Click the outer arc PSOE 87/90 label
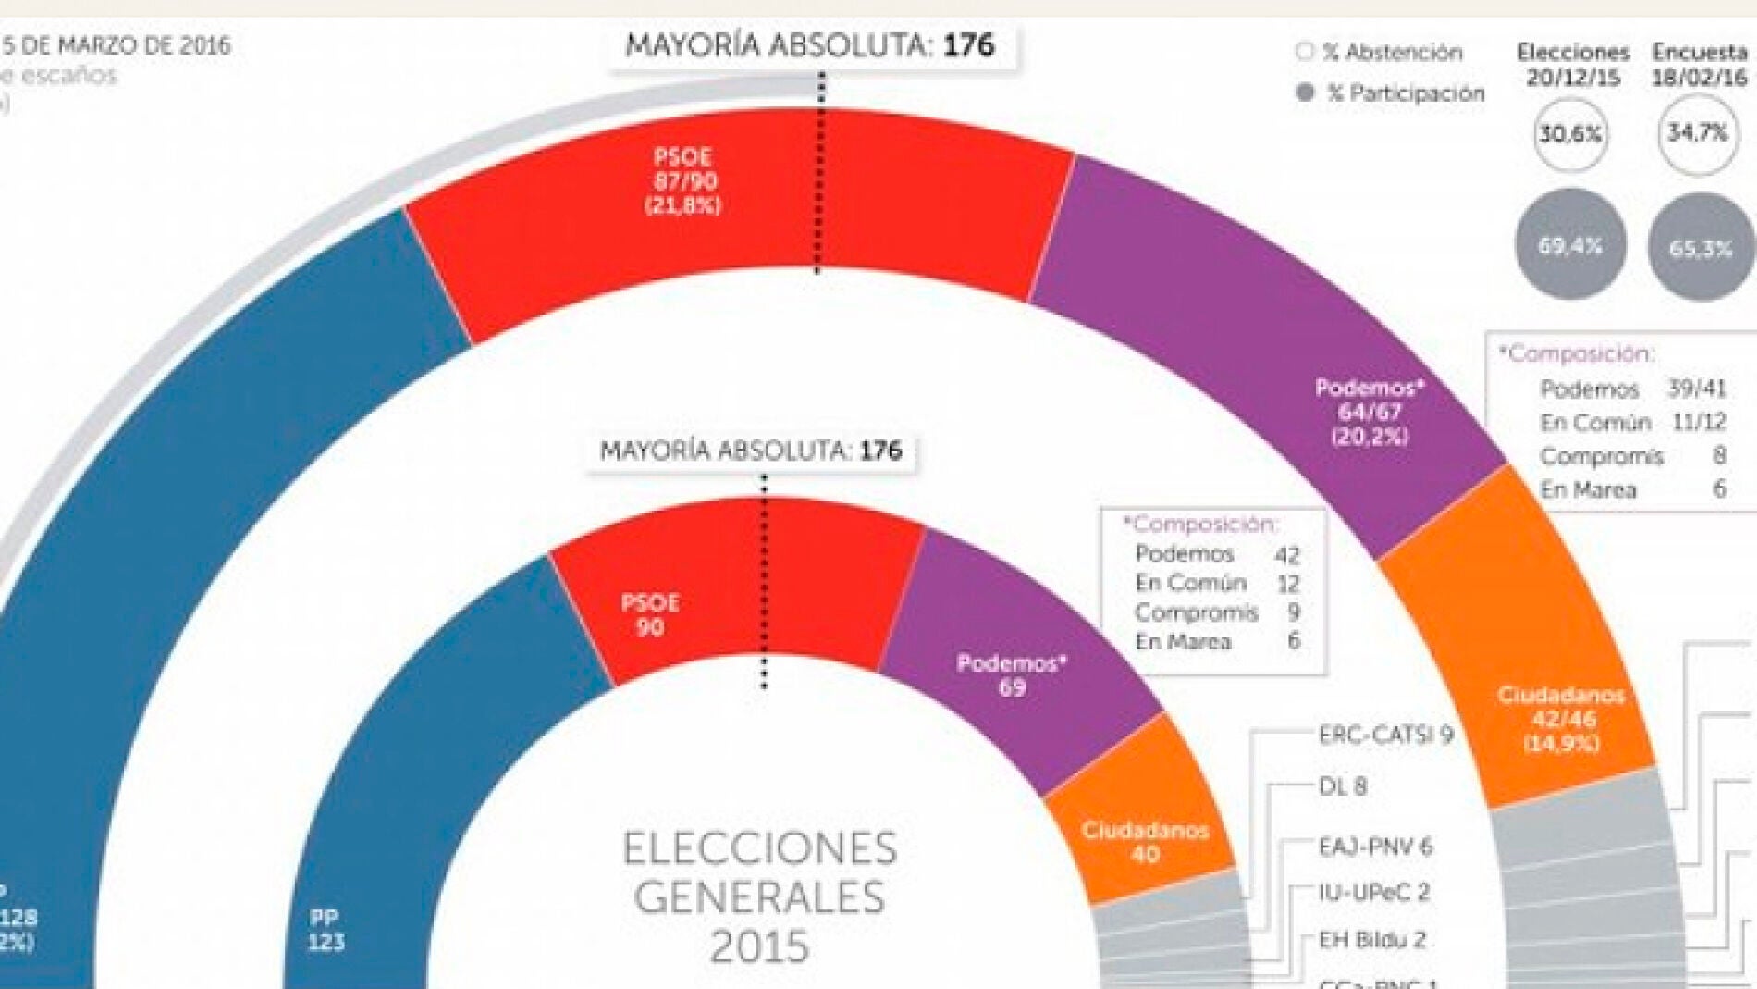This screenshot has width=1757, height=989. coord(683,181)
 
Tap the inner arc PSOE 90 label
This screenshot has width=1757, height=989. coord(650,615)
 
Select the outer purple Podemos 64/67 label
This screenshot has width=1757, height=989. coord(1370,412)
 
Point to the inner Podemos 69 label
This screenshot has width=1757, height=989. coord(1012,675)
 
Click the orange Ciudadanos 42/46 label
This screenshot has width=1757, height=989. coord(1561,719)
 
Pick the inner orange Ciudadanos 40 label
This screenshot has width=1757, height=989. coord(1145,842)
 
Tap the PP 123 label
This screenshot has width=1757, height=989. coord(326,930)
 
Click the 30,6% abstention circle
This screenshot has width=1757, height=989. coord(1570,135)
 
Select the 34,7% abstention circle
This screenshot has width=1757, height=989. coord(1697,134)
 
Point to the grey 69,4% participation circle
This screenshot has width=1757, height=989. coord(1570,245)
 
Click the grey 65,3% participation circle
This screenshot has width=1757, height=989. coord(1700,248)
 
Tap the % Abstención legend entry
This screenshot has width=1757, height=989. coord(1382,53)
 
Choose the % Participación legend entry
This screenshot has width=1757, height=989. coord(1393,93)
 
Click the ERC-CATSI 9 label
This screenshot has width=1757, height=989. coord(1385,736)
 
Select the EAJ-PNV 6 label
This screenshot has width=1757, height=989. coord(1375,847)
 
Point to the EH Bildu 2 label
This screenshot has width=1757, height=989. coord(1371,941)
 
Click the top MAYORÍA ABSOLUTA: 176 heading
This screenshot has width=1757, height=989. coord(810,45)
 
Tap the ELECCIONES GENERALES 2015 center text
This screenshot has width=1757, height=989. coord(759,897)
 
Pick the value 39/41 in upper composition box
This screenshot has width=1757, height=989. coord(1697,389)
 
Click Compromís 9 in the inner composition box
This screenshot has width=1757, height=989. coord(1216,612)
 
